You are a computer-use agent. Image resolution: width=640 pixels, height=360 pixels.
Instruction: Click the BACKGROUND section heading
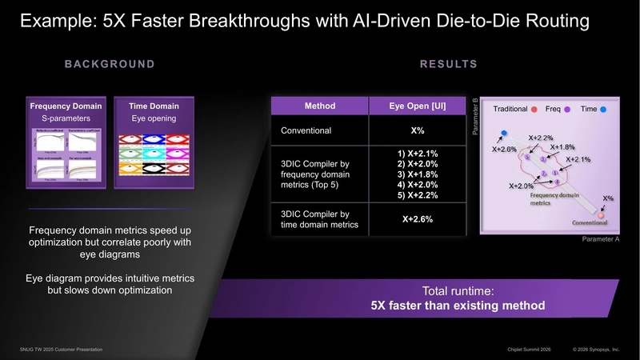coord(110,64)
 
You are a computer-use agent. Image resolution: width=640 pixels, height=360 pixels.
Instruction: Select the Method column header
coord(319,106)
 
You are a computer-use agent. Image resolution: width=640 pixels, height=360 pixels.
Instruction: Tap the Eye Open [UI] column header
coord(416,106)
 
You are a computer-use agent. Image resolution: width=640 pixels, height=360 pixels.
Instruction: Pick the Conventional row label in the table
coord(306,130)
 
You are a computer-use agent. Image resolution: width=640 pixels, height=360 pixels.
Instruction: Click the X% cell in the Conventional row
coord(416,130)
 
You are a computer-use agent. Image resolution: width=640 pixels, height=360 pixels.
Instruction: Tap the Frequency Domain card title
coord(66,106)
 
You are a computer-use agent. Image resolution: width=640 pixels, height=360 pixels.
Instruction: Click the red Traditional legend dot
coord(533,109)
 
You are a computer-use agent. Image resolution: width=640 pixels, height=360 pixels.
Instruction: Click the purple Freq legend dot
coord(567,109)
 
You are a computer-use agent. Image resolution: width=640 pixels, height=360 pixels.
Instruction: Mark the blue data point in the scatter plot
coord(504,133)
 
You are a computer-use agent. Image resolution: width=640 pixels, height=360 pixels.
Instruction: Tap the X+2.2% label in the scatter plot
coord(541,137)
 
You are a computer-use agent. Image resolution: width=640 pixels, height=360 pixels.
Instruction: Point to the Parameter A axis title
coord(601,239)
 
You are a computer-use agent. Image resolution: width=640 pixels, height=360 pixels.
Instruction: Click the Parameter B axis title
coord(475,116)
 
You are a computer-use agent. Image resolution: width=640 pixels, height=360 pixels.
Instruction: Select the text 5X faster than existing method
coord(458,306)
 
